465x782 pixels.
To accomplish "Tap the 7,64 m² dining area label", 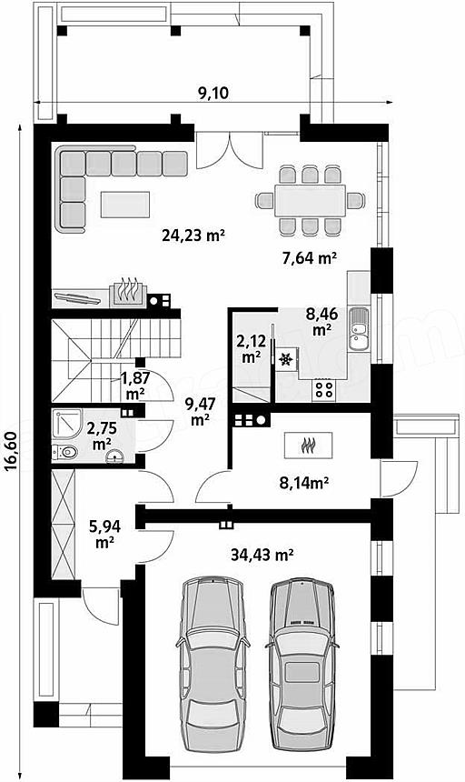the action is coord(308,258).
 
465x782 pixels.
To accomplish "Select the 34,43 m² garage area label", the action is coord(262,554).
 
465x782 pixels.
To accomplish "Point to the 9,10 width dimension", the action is coord(213,93).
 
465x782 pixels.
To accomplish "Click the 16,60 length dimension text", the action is coord(12,451).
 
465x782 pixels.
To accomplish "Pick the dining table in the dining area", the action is coord(311,200).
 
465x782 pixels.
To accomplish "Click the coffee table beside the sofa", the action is coord(125,205).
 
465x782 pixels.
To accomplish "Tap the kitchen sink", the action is coord(359,329).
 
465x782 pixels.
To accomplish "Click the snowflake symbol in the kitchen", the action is coord(286,359).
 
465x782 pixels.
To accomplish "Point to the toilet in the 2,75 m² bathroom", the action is coord(65,452).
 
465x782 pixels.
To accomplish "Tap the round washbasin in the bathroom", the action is coord(115,456).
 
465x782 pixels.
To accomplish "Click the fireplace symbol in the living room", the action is coord(128,291).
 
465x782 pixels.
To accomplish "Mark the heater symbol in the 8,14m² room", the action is coord(309,445).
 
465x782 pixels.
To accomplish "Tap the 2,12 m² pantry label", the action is coord(251,348).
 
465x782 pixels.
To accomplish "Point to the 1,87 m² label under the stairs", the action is coord(132,386).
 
